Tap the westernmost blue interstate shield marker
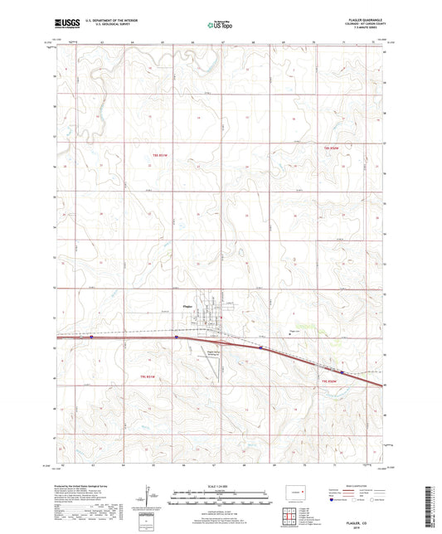pos(91,337)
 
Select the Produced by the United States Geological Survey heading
pos(82,486)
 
